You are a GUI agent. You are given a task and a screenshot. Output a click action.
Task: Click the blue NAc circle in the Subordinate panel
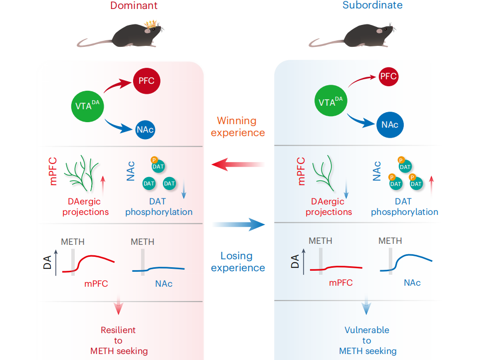pos(390,125)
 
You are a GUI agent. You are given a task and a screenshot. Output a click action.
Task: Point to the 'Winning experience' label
pos(238,127)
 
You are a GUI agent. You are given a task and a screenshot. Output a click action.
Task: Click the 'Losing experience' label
pos(238,262)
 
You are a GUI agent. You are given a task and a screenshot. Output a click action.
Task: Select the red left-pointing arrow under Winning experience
pos(237,164)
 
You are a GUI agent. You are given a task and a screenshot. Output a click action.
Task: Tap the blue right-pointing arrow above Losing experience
pos(238,225)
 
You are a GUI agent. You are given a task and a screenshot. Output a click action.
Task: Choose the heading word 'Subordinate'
pos(372,5)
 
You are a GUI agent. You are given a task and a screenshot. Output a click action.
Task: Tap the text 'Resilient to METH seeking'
pos(119,341)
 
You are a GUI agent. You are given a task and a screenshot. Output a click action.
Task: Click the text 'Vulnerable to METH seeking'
pos(367,341)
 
